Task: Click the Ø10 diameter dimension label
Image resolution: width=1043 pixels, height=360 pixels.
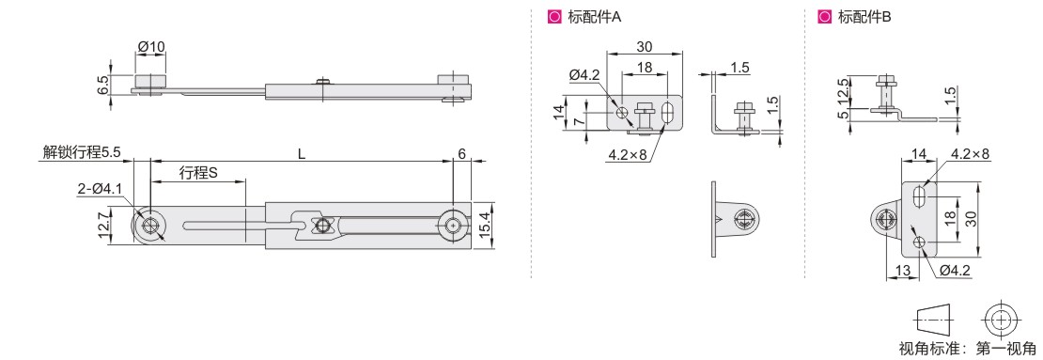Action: [x=151, y=47]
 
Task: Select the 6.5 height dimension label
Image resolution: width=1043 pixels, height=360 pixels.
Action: [x=101, y=86]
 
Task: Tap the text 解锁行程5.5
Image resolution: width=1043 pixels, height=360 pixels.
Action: [x=81, y=152]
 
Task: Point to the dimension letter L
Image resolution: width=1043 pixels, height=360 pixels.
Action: [x=302, y=154]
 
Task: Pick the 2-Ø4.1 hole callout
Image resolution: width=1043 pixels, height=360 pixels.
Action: [x=99, y=189]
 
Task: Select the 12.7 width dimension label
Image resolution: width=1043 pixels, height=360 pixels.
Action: [x=102, y=227]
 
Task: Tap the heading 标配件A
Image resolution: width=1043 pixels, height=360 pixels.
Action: [x=595, y=17]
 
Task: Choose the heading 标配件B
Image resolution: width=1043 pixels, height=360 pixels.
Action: [x=864, y=17]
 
